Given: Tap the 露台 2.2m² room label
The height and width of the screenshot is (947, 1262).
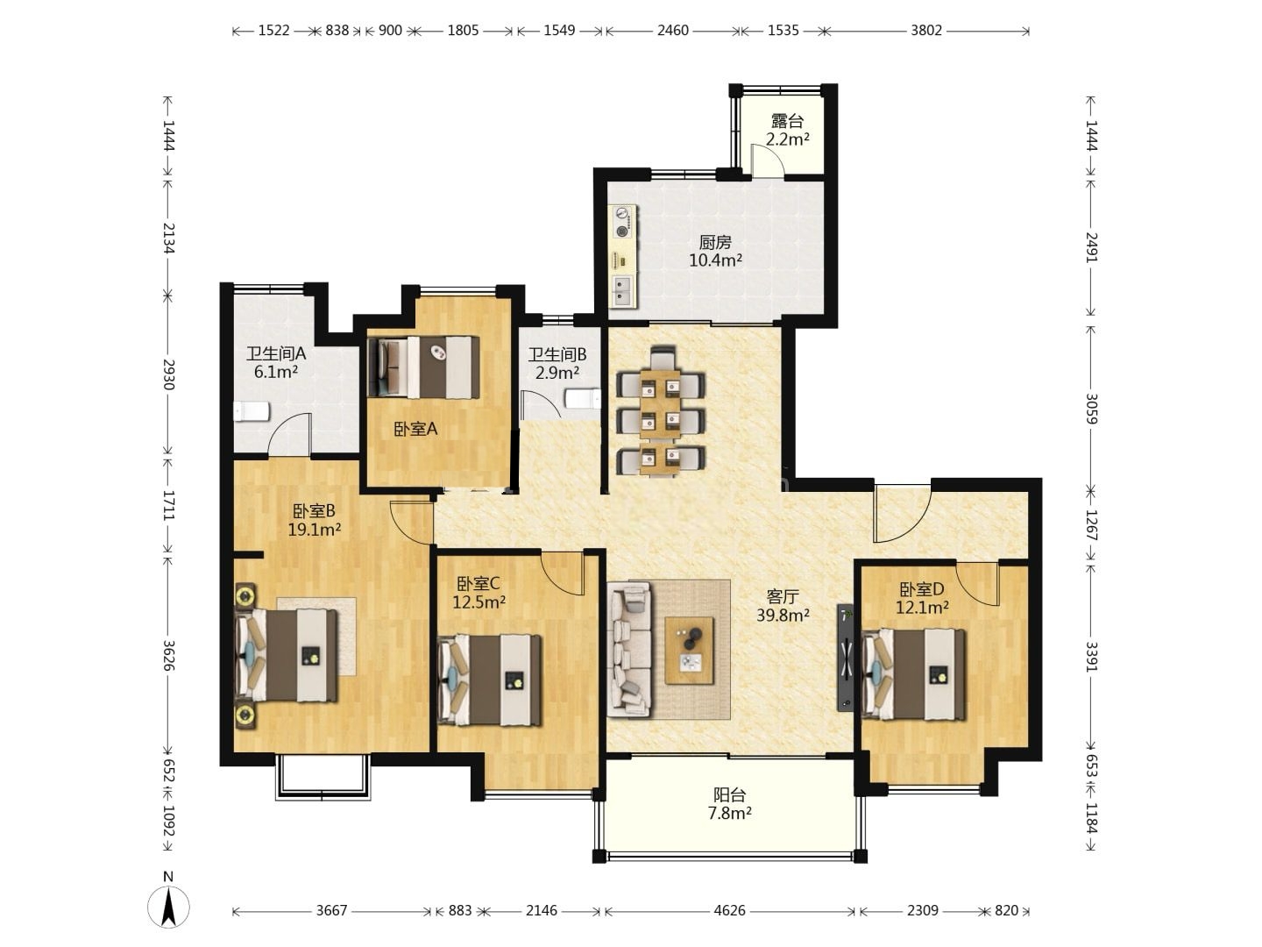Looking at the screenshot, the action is (787, 130).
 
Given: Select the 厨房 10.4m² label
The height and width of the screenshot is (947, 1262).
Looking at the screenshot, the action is (715, 252).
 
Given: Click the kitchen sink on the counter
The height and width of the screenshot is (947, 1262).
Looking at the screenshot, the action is (623, 291).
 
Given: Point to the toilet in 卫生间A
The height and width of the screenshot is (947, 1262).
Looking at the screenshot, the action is (252, 412).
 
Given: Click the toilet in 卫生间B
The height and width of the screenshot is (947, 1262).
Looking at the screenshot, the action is (583, 398).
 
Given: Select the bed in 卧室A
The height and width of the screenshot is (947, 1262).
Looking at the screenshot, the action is (423, 367).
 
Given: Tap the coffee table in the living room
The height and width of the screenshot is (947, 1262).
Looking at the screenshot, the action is (690, 651).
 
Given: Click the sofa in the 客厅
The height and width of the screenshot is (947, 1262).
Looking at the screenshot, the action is (629, 649).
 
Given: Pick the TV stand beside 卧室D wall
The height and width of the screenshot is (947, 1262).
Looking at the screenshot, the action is (845, 658).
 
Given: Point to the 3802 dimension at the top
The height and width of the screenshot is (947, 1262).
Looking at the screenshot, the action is (926, 31).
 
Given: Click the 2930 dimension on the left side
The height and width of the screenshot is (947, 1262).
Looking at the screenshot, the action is (168, 374).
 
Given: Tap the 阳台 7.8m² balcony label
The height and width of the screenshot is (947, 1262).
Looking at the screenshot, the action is (730, 804).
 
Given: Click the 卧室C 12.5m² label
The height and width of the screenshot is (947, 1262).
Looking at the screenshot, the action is (479, 593).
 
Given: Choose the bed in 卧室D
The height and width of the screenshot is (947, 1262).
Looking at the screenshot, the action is (913, 674).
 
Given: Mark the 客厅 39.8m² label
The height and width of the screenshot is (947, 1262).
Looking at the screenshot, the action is (783, 605).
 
